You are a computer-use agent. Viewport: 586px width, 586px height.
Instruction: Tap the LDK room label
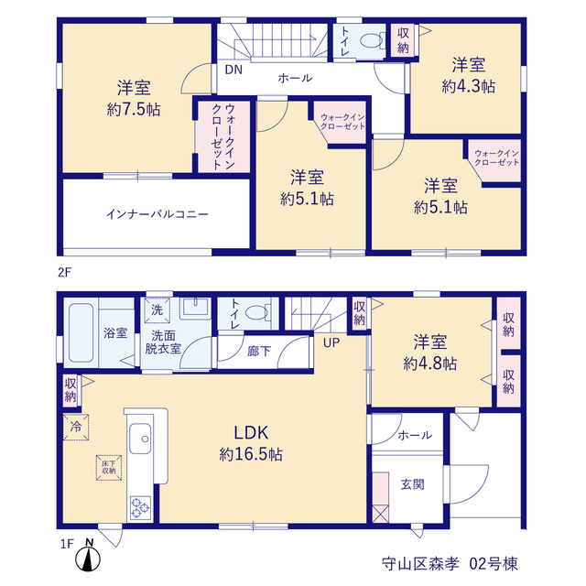point(251,433)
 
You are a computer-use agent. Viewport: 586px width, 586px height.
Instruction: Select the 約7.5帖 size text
point(134,110)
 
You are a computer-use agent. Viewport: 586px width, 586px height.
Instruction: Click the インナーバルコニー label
point(157,214)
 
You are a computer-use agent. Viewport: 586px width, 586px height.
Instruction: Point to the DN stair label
point(233,70)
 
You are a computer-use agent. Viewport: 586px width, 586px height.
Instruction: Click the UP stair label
point(331,342)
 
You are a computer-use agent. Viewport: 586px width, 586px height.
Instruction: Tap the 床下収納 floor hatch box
point(109,468)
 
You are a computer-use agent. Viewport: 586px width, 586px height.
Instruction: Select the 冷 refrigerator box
point(76,428)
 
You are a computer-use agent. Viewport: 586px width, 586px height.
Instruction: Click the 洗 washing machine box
point(157,310)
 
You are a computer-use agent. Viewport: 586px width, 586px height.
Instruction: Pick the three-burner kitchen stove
point(140,507)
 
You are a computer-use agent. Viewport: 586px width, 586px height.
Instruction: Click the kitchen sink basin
point(140,439)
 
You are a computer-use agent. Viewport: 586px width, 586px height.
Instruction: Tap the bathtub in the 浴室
point(81,332)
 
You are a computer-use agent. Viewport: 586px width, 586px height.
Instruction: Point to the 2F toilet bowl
point(372,40)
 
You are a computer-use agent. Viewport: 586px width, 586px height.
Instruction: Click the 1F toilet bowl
point(256,312)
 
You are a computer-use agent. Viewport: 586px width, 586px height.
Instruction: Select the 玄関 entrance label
point(413,484)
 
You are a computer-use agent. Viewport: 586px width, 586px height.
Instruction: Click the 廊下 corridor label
point(259,352)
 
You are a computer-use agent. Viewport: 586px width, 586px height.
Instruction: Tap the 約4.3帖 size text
point(468,87)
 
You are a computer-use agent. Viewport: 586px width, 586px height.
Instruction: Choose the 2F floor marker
point(64,273)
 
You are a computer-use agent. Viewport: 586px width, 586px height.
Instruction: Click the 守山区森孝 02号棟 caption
point(450,564)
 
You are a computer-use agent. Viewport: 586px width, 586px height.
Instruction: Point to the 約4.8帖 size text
point(429,363)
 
